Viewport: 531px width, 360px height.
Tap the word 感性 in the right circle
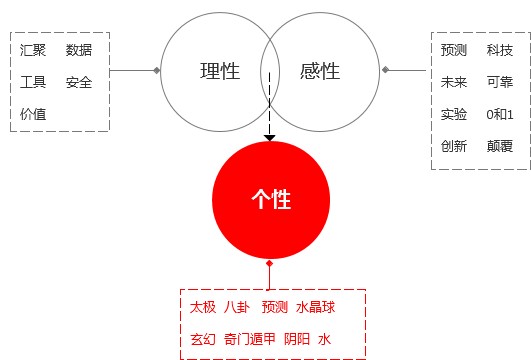tap(320, 72)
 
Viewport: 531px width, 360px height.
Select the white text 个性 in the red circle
tap(270, 198)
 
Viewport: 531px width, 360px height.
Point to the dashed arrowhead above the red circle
tap(269, 134)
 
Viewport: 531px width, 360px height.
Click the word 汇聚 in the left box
tap(33, 50)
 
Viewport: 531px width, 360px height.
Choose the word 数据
tap(79, 50)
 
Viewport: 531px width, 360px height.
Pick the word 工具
tap(33, 82)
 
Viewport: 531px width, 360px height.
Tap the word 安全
tap(79, 82)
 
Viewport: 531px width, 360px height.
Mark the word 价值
tap(33, 114)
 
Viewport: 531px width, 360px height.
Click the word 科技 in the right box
tap(500, 50)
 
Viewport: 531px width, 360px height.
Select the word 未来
tap(454, 82)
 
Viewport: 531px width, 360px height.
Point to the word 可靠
tap(500, 82)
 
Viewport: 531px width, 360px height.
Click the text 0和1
tap(500, 114)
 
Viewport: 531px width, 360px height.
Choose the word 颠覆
tap(500, 146)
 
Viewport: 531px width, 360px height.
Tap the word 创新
tap(454, 146)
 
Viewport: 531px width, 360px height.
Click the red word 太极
tap(203, 307)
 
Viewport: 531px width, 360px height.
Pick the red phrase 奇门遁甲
tap(248, 339)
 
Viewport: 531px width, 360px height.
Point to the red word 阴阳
tap(297, 339)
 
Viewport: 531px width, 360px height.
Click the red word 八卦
tap(238, 307)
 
